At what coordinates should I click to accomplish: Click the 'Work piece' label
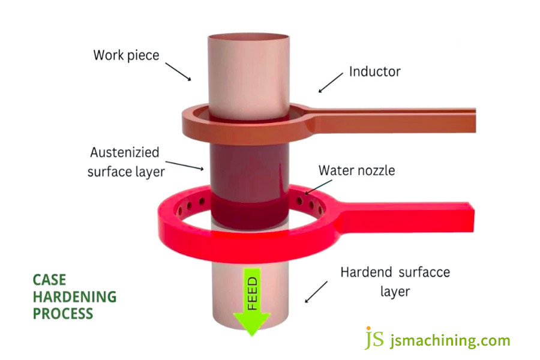[126, 56]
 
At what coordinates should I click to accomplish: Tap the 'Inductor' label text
[374, 72]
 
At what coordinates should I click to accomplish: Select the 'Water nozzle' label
[356, 170]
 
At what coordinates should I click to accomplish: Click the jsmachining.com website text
[450, 341]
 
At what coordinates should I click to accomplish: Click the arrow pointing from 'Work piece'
[178, 71]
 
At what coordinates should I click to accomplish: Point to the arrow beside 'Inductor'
[331, 83]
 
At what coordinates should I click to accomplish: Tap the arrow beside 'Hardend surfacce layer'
[317, 291]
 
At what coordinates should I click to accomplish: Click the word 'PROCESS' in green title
[63, 313]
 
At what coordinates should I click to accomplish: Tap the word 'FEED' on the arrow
[252, 293]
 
